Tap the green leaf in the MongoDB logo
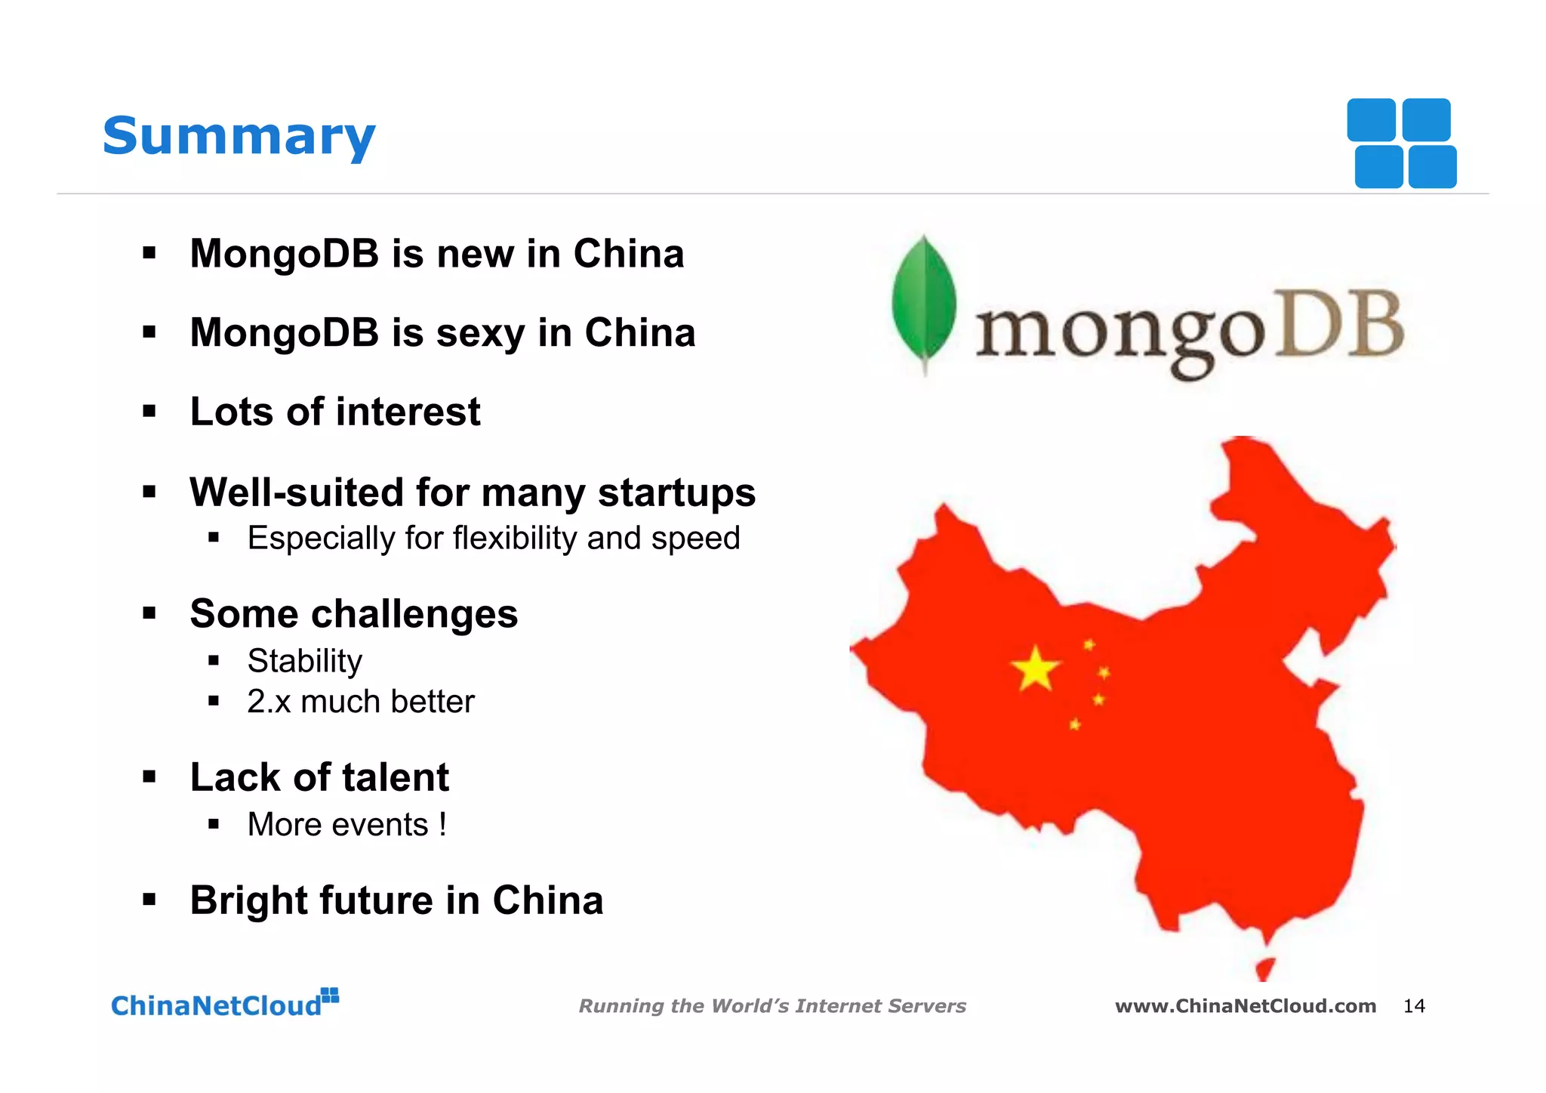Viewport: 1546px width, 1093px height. click(x=923, y=302)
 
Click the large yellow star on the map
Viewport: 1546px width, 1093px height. click(x=1036, y=668)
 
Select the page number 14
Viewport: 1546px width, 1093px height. click(x=1413, y=1005)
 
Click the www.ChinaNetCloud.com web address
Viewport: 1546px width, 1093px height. click(x=1246, y=1005)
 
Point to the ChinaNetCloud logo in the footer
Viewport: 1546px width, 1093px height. click(x=224, y=1003)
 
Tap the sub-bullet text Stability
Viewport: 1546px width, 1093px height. click(x=305, y=661)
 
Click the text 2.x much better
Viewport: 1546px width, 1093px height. click(x=361, y=702)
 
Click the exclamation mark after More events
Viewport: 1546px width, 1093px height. click(x=442, y=824)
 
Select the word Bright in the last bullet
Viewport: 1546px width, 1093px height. click(x=248, y=900)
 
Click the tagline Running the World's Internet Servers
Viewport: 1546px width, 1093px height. click(x=772, y=1005)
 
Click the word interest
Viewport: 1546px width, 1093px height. click(x=408, y=412)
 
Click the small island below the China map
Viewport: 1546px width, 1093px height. click(x=1265, y=968)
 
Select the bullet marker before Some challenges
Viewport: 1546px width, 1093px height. click(x=149, y=613)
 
